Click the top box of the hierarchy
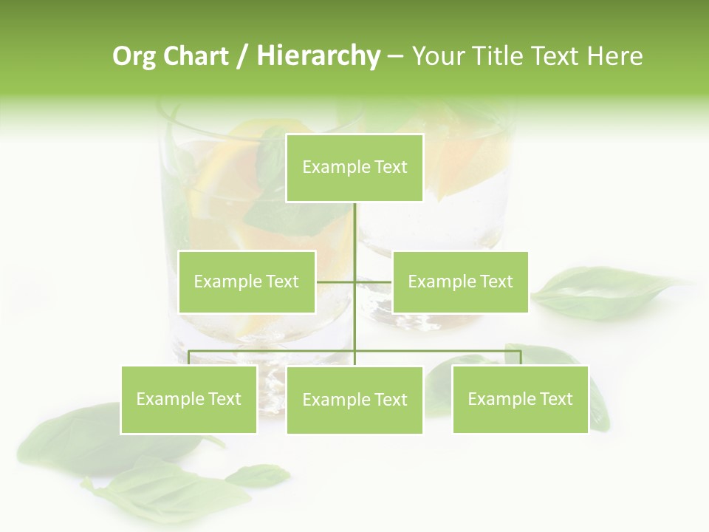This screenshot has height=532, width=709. point(354,168)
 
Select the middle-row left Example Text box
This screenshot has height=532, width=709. point(247,282)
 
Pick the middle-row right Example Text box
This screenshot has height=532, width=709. point(460,282)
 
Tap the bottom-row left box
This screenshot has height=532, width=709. point(189,399)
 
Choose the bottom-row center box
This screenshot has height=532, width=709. point(354,400)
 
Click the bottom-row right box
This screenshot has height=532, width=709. point(520,399)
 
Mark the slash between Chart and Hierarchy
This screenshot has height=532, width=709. point(242,57)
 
